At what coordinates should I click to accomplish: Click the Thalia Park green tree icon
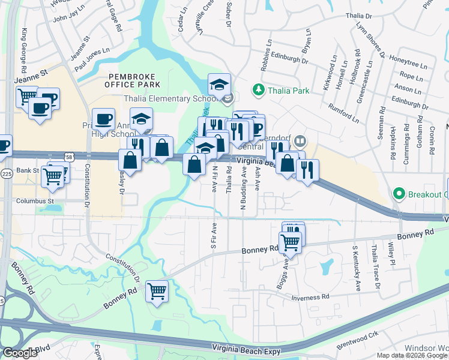point(259,89)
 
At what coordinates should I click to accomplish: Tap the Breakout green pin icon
point(397,194)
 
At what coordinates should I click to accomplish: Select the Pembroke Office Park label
point(131,82)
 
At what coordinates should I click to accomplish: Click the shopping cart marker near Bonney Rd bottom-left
point(157,292)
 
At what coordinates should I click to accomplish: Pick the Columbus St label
point(35,201)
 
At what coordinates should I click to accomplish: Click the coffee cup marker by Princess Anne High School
point(103,119)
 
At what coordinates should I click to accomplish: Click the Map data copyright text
point(412,355)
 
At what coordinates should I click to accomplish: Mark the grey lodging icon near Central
point(300,142)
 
